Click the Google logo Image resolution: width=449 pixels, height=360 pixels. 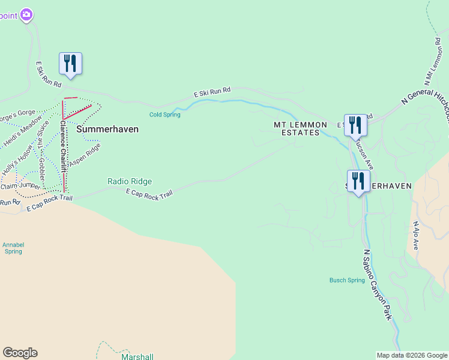pos(20,353)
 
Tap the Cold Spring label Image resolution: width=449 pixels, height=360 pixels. pos(164,115)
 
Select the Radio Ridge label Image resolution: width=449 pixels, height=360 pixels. pos(130,181)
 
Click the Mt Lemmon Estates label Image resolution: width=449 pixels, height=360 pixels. pos(301,128)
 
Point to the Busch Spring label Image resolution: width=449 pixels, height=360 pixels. pos(347,280)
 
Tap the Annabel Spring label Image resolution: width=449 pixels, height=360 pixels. pos(13,248)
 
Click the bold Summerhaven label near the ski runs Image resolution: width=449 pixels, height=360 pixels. pos(107,129)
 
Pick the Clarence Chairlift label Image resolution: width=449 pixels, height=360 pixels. pos(62,146)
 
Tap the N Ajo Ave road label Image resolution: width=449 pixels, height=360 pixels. pos(415,236)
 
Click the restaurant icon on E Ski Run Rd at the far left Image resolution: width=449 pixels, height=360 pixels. pos(70,64)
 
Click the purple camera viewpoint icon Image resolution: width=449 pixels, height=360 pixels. pos(26,14)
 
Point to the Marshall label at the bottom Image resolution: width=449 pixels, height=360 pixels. pos(137,356)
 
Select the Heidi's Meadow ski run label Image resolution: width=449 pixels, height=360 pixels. pos(22,130)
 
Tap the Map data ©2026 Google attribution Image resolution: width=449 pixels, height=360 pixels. pos(412,355)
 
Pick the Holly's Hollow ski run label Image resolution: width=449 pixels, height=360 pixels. pos(16,163)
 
